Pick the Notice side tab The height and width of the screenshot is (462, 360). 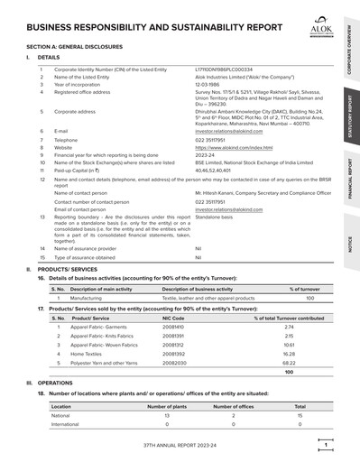pos(350,243)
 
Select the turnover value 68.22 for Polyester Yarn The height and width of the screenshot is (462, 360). pos(289,358)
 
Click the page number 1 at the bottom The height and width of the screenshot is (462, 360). pos(325,444)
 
